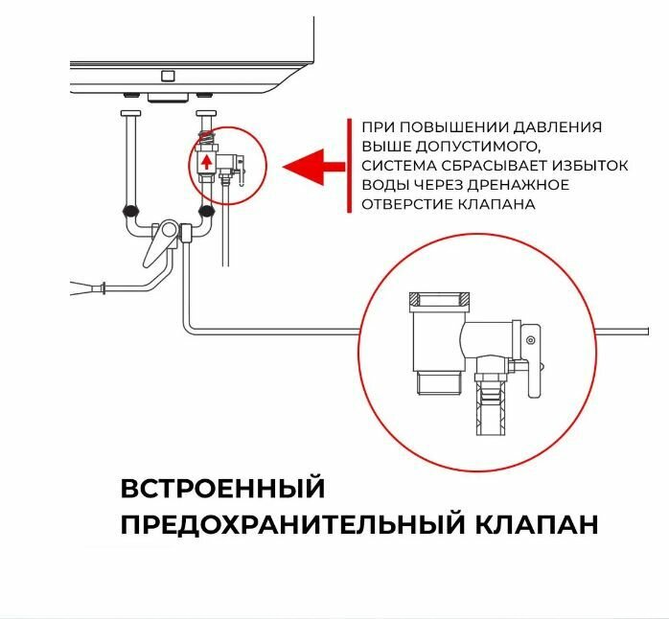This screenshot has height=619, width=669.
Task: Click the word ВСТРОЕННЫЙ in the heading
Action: tap(222, 488)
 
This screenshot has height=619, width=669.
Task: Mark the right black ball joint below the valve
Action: tap(203, 211)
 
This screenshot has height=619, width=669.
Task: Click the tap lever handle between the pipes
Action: tap(156, 251)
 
